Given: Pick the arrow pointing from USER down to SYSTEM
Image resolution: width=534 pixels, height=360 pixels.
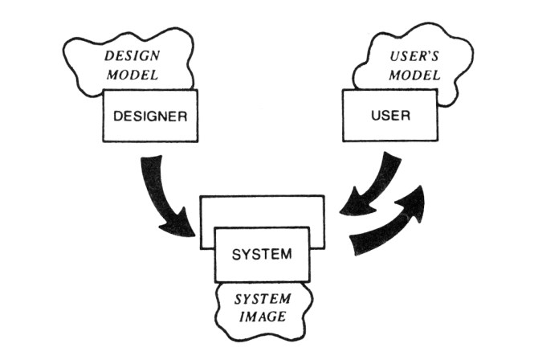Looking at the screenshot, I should pyautogui.click(x=371, y=186).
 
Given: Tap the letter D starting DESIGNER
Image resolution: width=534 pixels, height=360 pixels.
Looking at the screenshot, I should pyautogui.click(x=119, y=115).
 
